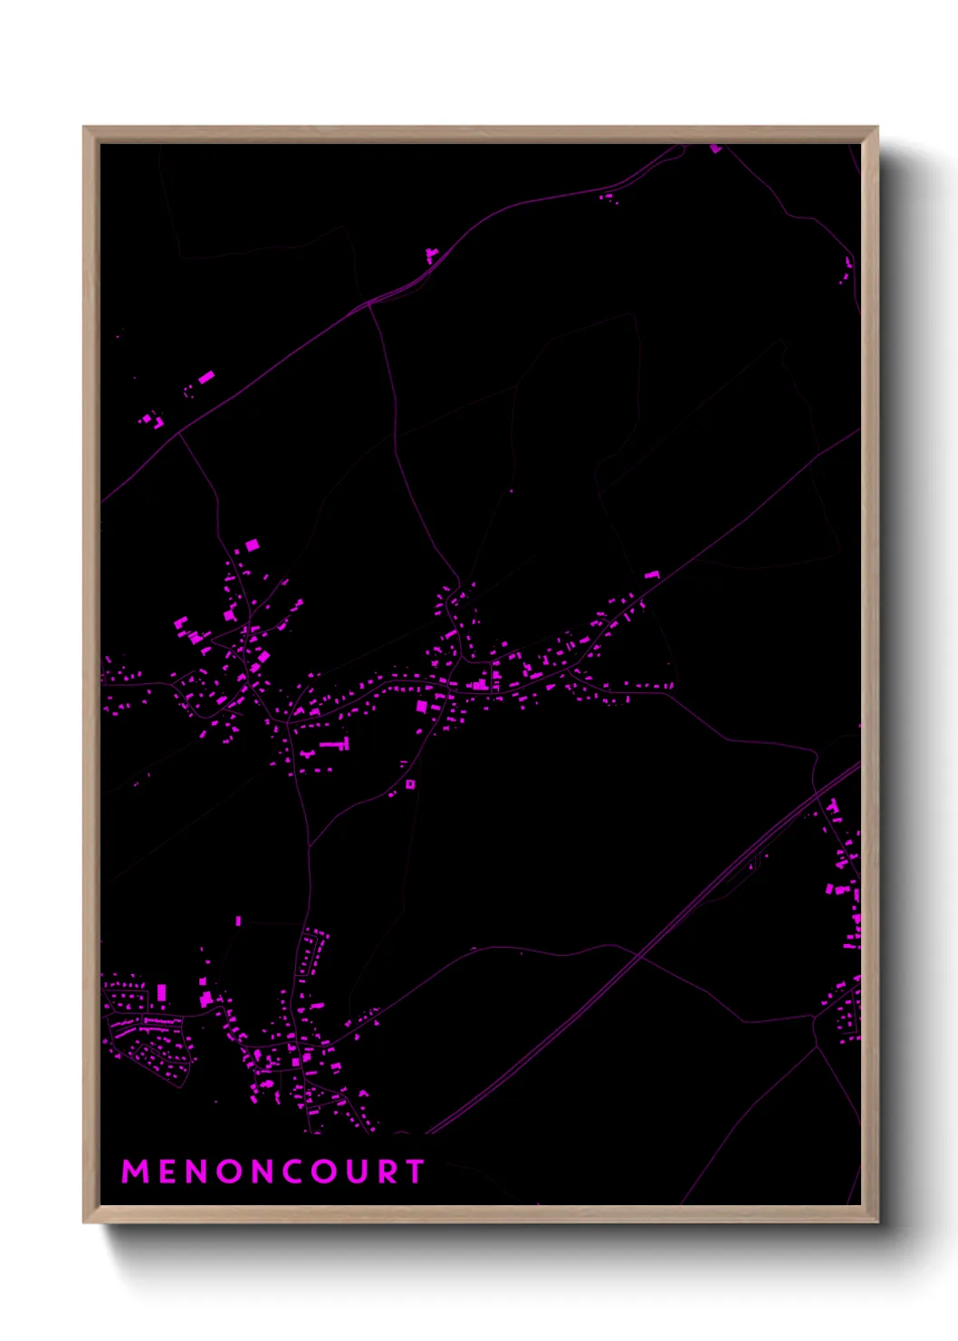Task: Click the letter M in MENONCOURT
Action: pos(135,1172)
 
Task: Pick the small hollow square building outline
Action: pos(410,784)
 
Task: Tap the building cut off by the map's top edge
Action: pos(715,148)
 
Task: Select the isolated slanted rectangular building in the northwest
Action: pos(206,376)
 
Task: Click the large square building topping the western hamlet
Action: pos(252,545)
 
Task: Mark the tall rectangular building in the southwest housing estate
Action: pos(162,993)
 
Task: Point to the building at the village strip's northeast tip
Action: pos(651,574)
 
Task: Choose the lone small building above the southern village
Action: pos(238,921)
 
